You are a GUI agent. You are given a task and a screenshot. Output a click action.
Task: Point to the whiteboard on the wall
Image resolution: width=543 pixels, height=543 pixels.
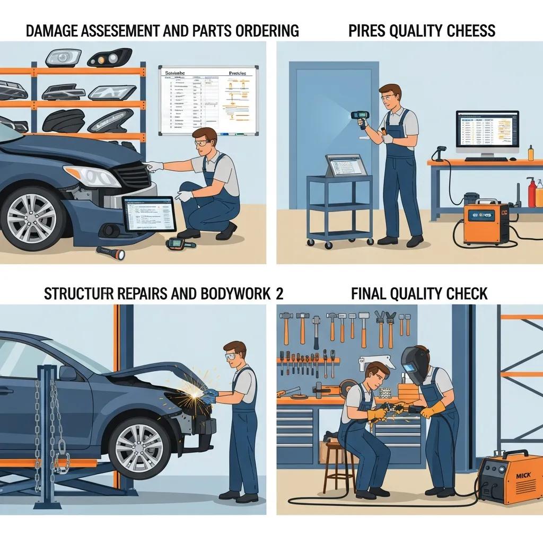point(208,100)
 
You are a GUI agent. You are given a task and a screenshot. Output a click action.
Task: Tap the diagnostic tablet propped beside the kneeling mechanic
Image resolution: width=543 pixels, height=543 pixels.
point(149,214)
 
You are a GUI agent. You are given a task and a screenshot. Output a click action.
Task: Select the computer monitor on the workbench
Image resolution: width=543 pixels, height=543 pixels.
point(487,134)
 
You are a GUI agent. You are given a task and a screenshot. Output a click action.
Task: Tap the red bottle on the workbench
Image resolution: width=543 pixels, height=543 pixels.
point(531,194)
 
